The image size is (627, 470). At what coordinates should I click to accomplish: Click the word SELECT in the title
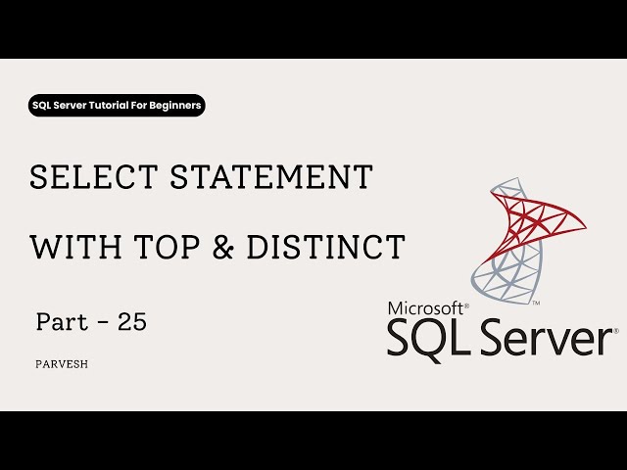tap(80, 177)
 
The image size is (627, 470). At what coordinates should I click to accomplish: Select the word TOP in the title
tap(156, 247)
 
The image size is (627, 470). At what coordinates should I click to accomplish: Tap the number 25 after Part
tap(131, 321)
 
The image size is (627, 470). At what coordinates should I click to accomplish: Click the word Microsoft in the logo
tap(427, 306)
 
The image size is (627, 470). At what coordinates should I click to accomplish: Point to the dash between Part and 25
tap(98, 322)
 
